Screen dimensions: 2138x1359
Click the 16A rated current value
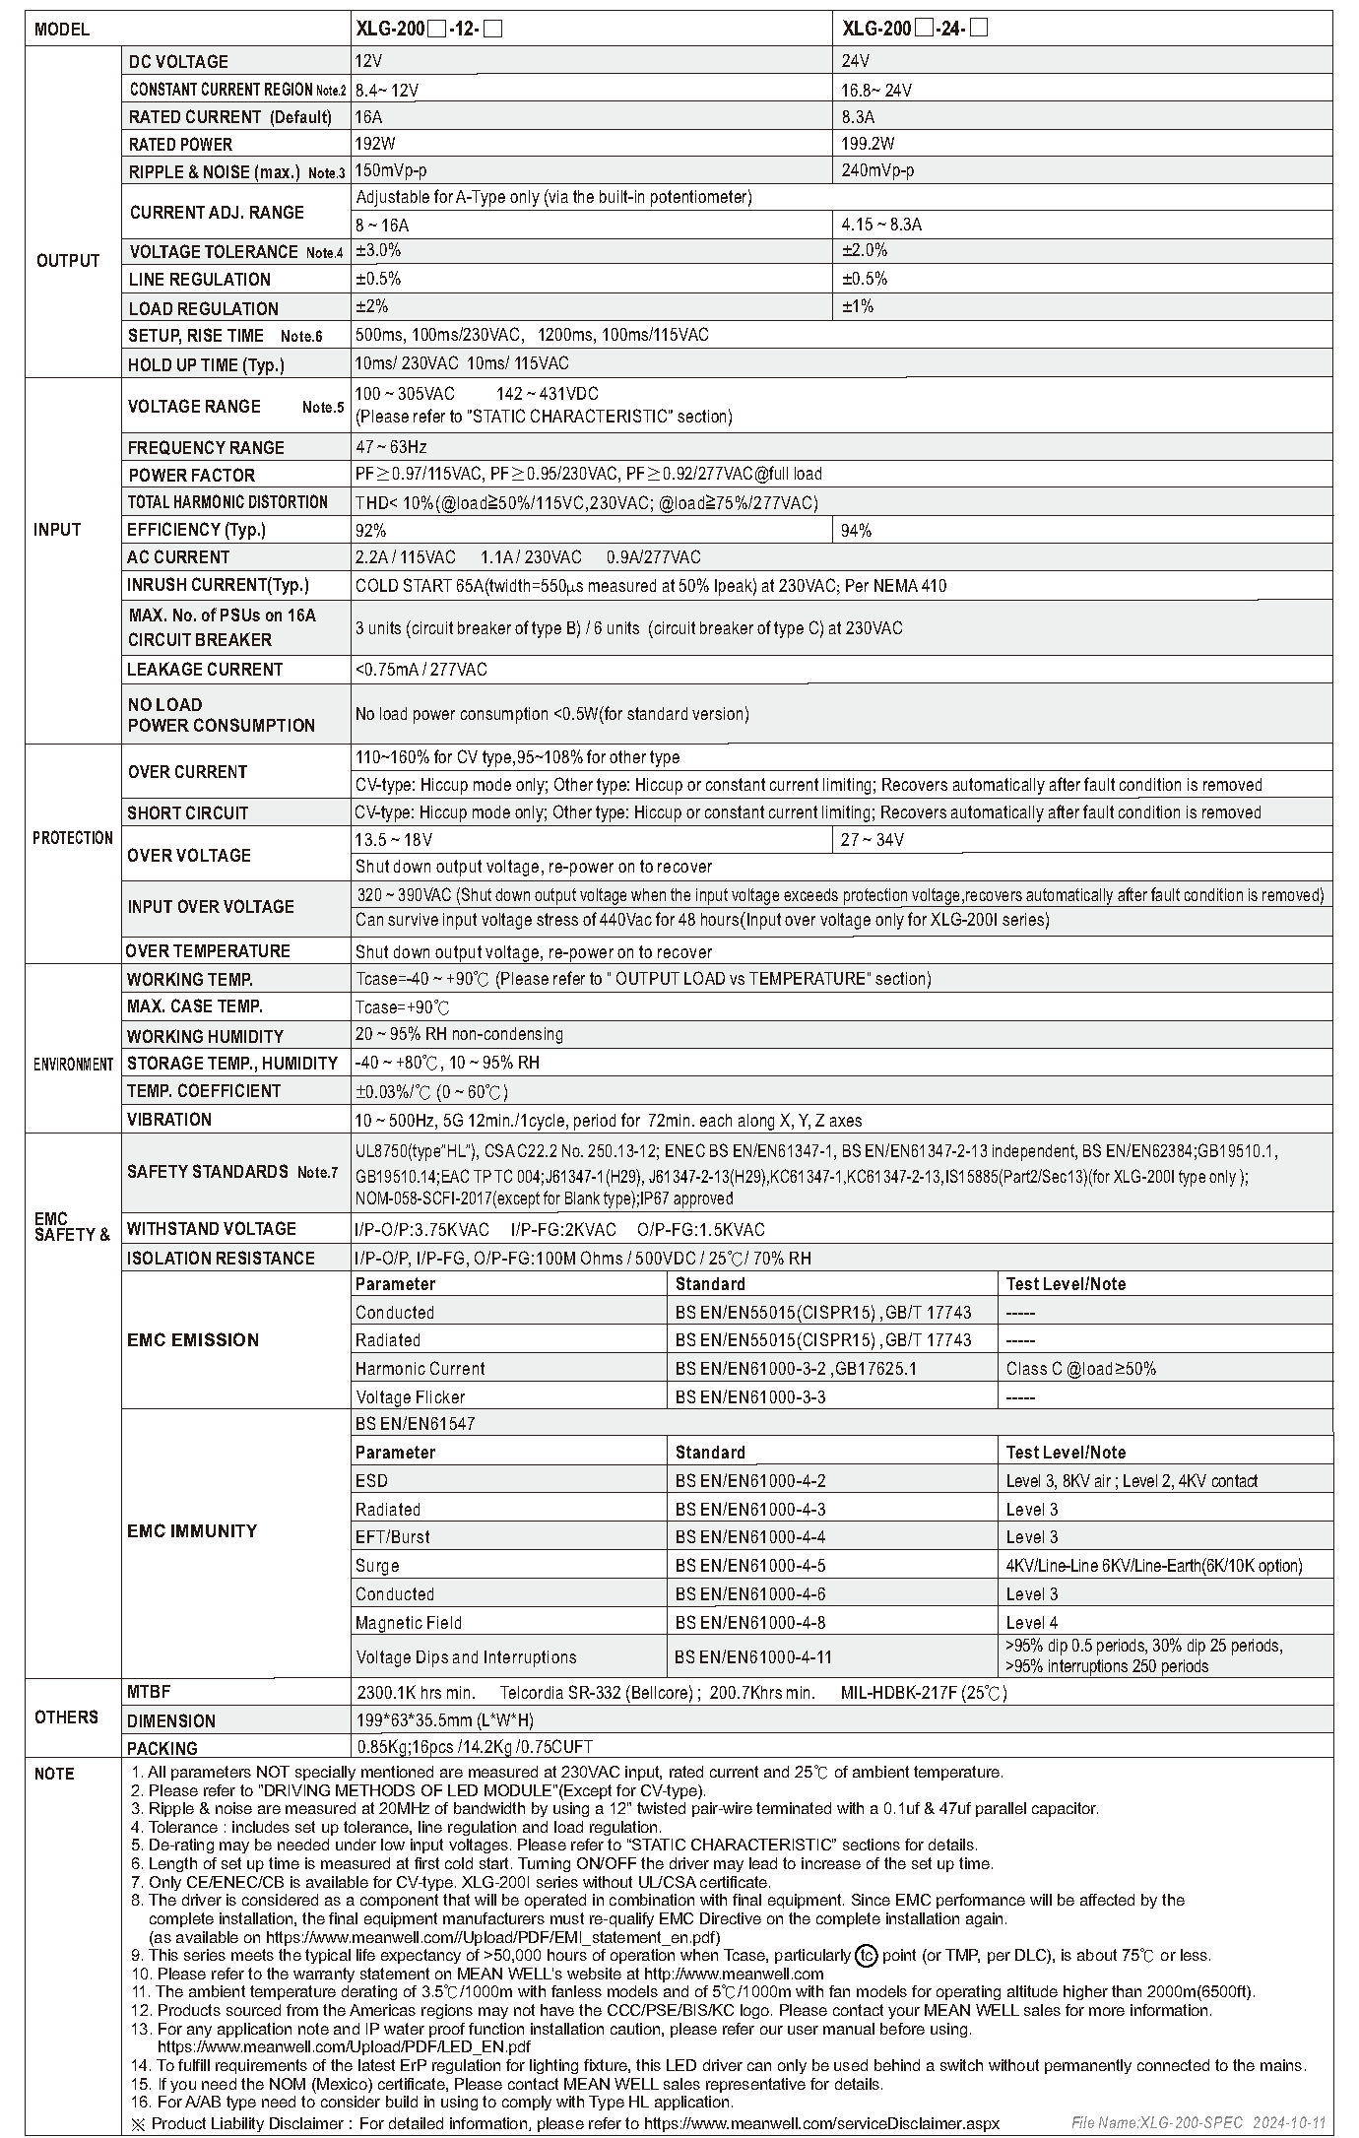pyautogui.click(x=369, y=117)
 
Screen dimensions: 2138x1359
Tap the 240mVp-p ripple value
pyautogui.click(x=877, y=170)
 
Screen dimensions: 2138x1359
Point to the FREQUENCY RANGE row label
pyautogui.click(x=206, y=448)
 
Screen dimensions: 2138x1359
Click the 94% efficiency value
pyautogui.click(x=856, y=531)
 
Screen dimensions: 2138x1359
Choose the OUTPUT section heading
pyautogui.click(x=68, y=261)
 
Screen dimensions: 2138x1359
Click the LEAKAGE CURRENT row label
pyautogui.click(x=205, y=670)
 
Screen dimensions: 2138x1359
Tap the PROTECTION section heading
pyautogui.click(x=73, y=838)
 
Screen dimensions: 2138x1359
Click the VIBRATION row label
pyautogui.click(x=169, y=1120)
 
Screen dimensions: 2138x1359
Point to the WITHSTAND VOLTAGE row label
pyautogui.click(x=212, y=1229)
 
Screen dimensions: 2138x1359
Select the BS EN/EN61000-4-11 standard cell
pyautogui.click(x=753, y=1657)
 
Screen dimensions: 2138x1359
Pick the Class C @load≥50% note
pyautogui.click(x=1080, y=1369)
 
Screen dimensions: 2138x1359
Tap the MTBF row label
pyautogui.click(x=149, y=1692)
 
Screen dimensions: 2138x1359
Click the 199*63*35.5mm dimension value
pyautogui.click(x=445, y=1720)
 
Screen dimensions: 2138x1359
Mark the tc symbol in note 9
pyautogui.click(x=866, y=1956)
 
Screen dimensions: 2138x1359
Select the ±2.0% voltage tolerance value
pyautogui.click(x=865, y=251)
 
